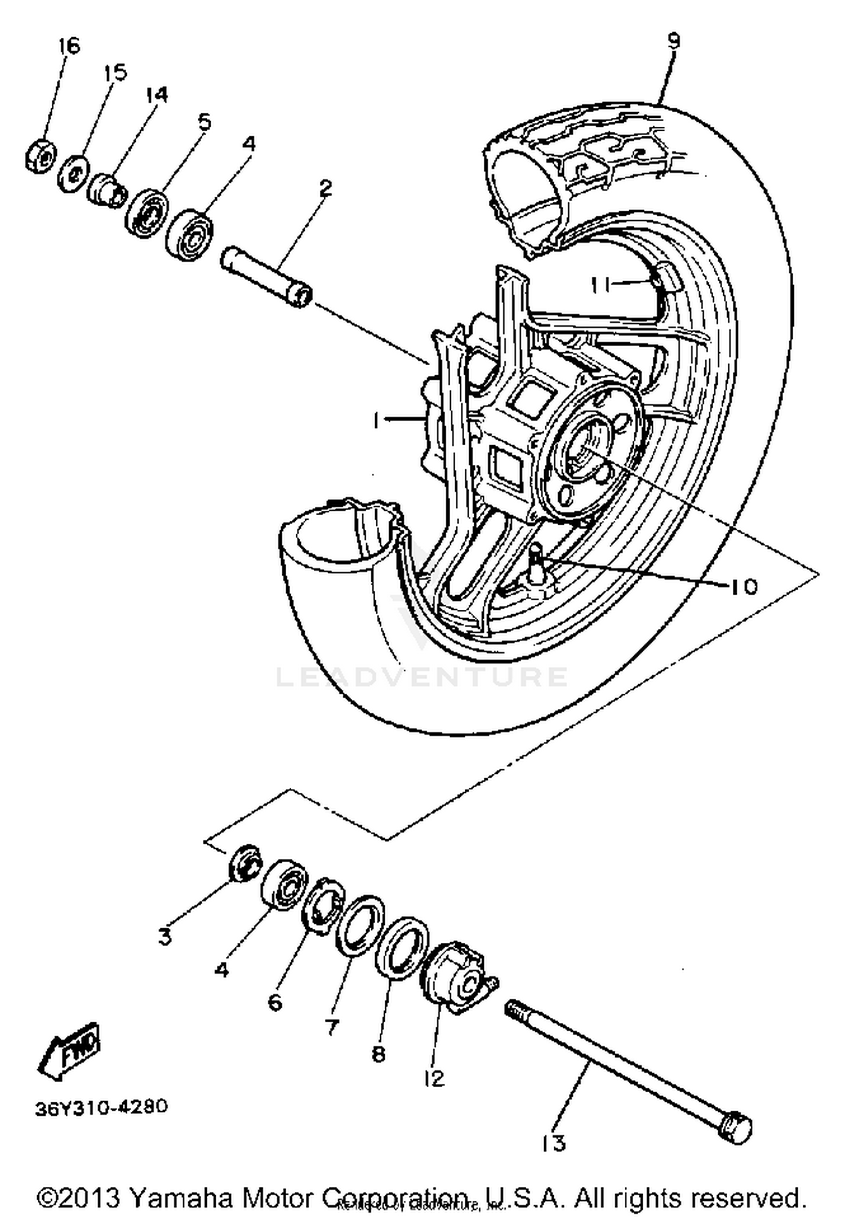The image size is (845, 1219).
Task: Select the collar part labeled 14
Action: tap(105, 191)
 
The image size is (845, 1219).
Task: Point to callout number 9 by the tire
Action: tap(673, 41)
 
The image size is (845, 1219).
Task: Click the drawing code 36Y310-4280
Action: tap(101, 1107)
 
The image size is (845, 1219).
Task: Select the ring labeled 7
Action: tap(359, 925)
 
